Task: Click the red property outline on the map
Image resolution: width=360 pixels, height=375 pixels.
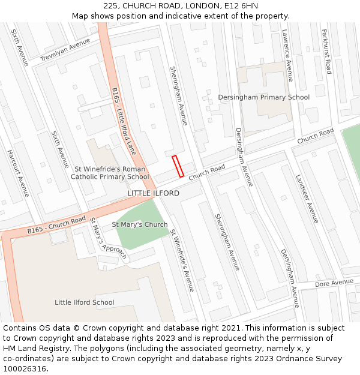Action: (x=178, y=166)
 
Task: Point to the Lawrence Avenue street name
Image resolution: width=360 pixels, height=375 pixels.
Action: (x=287, y=55)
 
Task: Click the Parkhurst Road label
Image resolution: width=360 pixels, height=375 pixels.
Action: (x=326, y=51)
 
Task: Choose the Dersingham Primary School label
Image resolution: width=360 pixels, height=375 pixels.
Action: (x=263, y=97)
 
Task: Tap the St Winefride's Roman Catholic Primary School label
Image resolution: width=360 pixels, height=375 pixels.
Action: (x=110, y=173)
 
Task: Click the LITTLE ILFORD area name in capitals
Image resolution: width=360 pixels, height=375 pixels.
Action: (x=153, y=193)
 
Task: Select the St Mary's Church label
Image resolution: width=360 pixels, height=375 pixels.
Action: (x=140, y=224)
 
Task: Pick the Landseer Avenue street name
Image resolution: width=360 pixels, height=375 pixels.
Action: (x=307, y=199)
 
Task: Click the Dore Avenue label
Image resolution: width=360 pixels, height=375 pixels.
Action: (x=334, y=282)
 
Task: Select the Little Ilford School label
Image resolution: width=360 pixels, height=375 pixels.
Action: (x=84, y=302)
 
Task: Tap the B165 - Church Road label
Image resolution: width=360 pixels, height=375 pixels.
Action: (x=57, y=225)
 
